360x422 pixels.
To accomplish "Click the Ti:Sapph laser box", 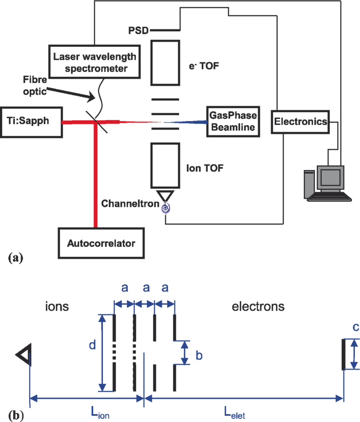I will [31, 122].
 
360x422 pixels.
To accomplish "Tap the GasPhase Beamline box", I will [232, 121].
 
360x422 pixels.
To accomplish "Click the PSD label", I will [138, 31].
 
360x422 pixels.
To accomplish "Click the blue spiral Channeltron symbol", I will [166, 208].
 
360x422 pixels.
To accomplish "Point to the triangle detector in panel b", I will [23, 354].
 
